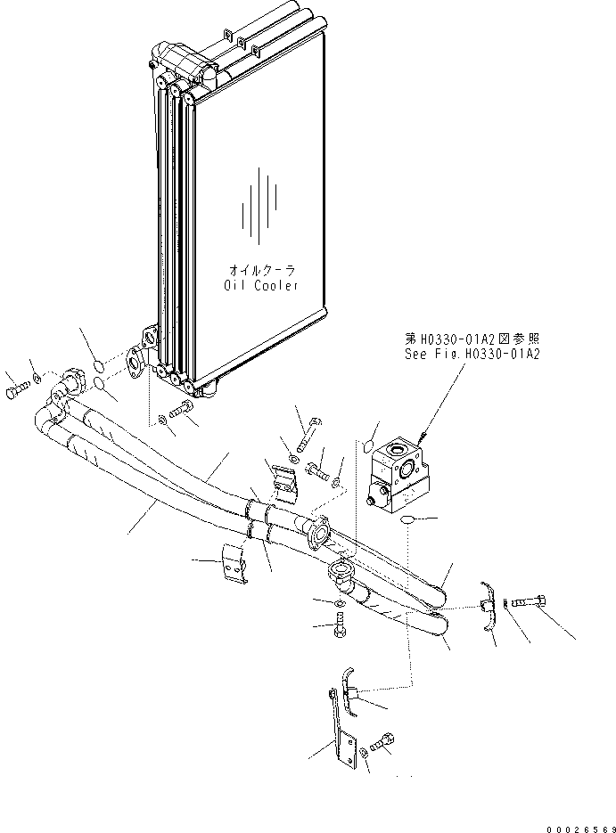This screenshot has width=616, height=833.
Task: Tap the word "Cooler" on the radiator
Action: (x=275, y=284)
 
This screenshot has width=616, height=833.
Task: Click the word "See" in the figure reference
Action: (x=416, y=354)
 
